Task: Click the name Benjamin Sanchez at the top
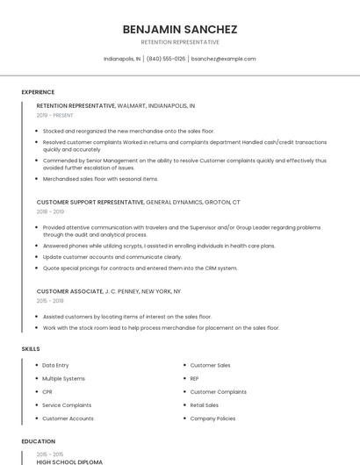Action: pyautogui.click(x=180, y=29)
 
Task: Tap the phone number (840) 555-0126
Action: pyautogui.click(x=166, y=59)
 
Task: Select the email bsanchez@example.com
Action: pyautogui.click(x=223, y=59)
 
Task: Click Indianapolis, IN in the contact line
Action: pyautogui.click(x=121, y=59)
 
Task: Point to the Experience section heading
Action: pyautogui.click(x=38, y=92)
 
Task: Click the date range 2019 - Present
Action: pyautogui.click(x=54, y=115)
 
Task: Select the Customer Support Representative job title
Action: pyautogui.click(x=90, y=202)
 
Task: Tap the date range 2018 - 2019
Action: pyautogui.click(x=51, y=211)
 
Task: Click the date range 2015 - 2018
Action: pyautogui.click(x=51, y=300)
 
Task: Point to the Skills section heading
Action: pyautogui.click(x=31, y=349)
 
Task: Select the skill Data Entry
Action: pyautogui.click(x=55, y=365)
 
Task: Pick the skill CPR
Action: pyautogui.click(x=47, y=391)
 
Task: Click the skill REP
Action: pyautogui.click(x=194, y=378)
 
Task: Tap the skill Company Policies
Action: pyautogui.click(x=212, y=418)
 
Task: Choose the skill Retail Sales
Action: pyautogui.click(x=204, y=405)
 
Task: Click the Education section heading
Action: pyautogui.click(x=39, y=441)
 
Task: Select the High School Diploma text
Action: pyautogui.click(x=69, y=461)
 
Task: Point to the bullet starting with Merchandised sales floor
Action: pyautogui.click(x=100, y=179)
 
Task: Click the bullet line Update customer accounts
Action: pyautogui.click(x=112, y=257)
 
